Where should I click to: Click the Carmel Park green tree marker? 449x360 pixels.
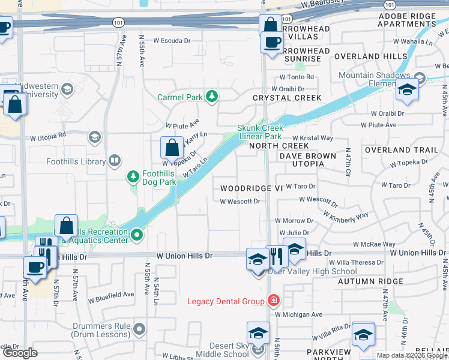pos(211,96)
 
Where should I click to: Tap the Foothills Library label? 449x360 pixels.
pos(76,161)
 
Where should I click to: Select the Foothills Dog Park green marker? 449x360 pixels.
pos(133,176)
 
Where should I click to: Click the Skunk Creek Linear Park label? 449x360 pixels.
pos(259,132)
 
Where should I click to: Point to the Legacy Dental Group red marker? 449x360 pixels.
pos(274,301)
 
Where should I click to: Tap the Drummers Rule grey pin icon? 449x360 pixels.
pos(140,329)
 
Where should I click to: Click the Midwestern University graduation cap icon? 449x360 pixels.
pos(67,89)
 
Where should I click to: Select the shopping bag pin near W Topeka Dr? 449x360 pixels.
pos(172,147)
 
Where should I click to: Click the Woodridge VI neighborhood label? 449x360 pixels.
pos(251,188)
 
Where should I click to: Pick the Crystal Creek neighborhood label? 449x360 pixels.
pos(287,98)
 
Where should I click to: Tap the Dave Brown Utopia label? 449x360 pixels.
pos(307,156)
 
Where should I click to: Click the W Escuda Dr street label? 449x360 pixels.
pos(171,41)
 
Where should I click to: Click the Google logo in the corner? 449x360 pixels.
pos(20,353)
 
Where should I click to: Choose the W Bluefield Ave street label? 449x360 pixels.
pos(111,295)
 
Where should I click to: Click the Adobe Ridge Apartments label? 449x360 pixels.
pos(406,20)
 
